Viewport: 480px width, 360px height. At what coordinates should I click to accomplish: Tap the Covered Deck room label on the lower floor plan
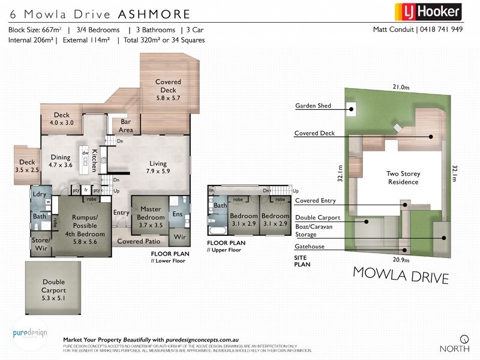(x=168, y=89)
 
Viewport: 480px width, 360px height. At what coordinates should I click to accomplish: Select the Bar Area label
(x=125, y=126)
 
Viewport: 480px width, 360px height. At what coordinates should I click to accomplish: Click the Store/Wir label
(x=40, y=244)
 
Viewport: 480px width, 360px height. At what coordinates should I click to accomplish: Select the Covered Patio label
(x=139, y=241)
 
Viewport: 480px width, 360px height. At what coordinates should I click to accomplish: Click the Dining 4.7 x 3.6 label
(x=59, y=161)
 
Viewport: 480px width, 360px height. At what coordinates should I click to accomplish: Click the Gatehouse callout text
(x=309, y=246)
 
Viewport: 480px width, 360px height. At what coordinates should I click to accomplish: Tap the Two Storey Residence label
(x=403, y=178)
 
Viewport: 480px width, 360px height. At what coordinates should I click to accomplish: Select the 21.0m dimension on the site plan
(x=401, y=87)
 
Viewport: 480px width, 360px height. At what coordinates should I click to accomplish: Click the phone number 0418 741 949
(x=440, y=29)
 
